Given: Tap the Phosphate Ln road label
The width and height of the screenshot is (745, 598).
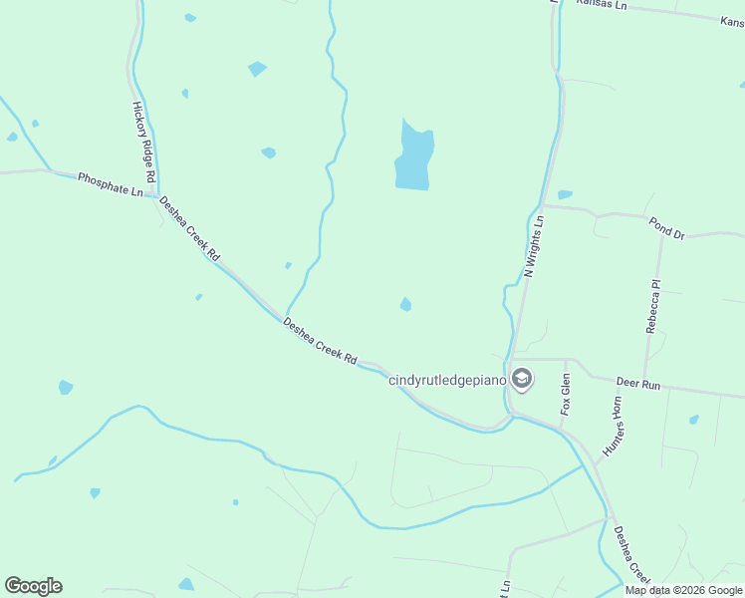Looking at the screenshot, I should tap(111, 183).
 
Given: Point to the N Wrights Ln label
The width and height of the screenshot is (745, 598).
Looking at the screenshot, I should tap(534, 245).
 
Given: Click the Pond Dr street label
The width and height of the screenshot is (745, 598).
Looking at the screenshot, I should tap(666, 228).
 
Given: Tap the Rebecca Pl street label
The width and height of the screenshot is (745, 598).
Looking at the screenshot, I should tap(653, 306).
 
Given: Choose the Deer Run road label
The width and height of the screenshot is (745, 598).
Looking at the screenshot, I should tap(638, 383).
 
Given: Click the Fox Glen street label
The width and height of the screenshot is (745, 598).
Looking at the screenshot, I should tap(566, 394).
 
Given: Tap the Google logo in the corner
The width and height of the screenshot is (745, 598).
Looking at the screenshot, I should tap(33, 586).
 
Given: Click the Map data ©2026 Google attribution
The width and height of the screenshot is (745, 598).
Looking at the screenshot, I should tap(684, 590).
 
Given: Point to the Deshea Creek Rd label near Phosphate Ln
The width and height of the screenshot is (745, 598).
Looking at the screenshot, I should tap(189, 227).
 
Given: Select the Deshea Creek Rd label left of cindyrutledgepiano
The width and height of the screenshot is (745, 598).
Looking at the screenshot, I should tap(320, 340).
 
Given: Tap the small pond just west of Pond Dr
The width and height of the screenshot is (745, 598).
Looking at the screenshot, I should tap(565, 194).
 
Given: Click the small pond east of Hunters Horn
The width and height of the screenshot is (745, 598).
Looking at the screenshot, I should tap(693, 420).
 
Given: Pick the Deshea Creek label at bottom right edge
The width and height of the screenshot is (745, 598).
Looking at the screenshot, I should tap(631, 554).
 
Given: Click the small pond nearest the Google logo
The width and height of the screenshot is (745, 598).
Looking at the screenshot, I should tap(95, 492).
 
